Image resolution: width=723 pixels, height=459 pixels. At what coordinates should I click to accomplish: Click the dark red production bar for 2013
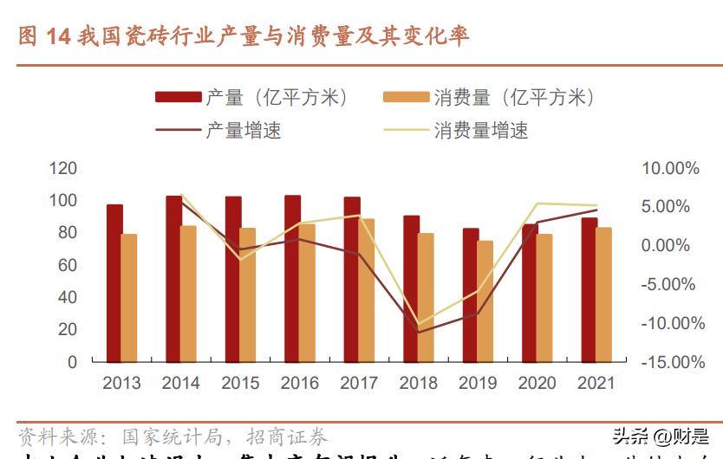(x=114, y=283)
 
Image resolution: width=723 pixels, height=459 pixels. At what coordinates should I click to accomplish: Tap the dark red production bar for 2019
(x=470, y=295)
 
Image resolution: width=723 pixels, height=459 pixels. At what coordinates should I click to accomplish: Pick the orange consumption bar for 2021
(x=603, y=294)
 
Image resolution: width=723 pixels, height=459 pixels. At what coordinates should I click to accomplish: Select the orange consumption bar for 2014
(x=188, y=294)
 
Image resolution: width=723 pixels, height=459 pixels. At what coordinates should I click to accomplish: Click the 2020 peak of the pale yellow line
(x=537, y=204)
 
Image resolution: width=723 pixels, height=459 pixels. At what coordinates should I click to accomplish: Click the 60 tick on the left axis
(x=68, y=265)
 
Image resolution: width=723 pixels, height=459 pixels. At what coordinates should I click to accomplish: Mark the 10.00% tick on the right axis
(x=670, y=168)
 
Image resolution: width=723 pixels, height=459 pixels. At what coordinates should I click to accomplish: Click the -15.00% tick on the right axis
(x=670, y=362)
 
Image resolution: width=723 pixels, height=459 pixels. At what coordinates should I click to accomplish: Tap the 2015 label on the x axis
(x=240, y=383)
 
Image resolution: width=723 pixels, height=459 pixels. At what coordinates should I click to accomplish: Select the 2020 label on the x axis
(x=537, y=383)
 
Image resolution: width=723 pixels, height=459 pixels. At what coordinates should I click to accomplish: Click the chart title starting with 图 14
(x=244, y=36)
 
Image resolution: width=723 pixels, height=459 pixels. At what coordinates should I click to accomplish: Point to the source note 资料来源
(x=173, y=436)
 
